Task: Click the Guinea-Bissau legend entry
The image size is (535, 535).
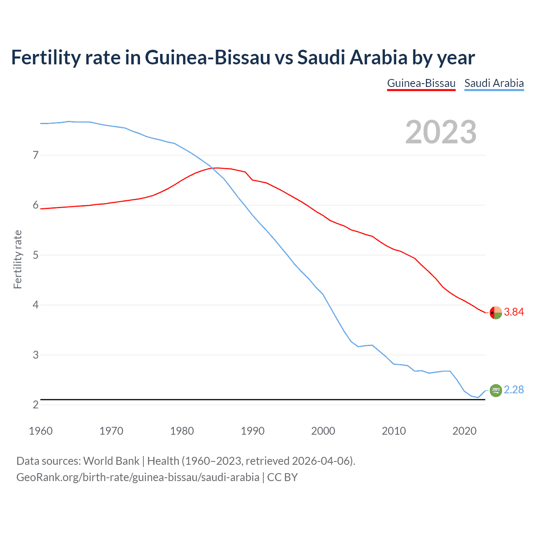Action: point(421,83)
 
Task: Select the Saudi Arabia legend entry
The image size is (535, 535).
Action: point(494,83)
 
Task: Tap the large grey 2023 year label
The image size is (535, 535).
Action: point(441,132)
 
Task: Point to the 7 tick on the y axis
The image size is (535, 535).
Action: point(36,155)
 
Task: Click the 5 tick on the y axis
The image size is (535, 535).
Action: point(36,255)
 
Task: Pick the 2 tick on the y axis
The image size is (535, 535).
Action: point(36,405)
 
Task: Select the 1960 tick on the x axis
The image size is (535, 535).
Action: point(41,431)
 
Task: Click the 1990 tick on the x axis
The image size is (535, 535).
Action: point(252,431)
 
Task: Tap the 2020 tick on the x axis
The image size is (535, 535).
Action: point(464,431)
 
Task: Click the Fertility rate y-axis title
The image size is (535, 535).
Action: point(18,259)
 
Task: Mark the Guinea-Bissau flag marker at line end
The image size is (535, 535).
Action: point(496,312)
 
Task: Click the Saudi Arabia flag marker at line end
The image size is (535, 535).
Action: point(496,390)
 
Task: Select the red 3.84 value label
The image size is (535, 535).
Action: point(514,312)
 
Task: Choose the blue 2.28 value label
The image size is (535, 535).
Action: point(514,390)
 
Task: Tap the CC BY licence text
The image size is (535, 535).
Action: point(282,477)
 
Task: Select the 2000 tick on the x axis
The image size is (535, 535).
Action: point(323,431)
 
